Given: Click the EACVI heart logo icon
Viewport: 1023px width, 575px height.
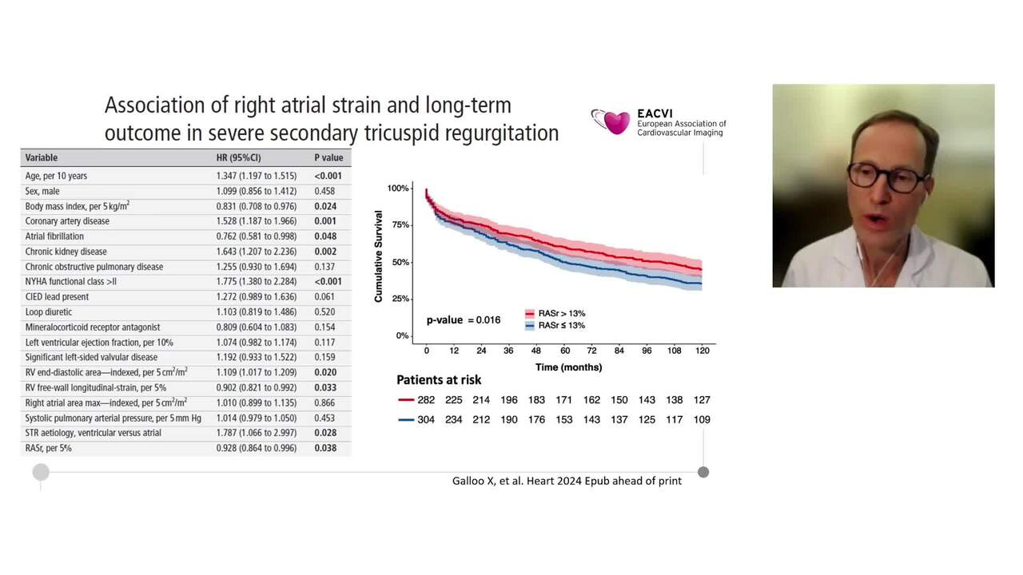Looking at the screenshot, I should (612, 121).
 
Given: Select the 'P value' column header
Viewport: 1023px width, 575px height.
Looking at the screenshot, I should (328, 157).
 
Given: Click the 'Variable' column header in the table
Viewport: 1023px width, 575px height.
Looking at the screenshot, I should (42, 157).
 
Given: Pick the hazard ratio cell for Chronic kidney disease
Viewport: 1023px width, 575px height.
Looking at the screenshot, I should (256, 252).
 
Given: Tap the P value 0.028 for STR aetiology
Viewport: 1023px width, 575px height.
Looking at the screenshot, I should (325, 433).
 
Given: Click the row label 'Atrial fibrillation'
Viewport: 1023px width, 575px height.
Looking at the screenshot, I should (54, 236).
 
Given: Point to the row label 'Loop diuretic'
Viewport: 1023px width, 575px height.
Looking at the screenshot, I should (49, 312).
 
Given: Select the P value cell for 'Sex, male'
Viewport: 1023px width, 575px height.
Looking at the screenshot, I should (325, 191).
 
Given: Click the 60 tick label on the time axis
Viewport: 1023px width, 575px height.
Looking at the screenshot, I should (564, 351).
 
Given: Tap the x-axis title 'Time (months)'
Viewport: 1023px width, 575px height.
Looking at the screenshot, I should (568, 367).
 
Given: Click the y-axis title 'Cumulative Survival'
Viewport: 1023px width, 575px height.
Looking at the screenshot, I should (379, 256).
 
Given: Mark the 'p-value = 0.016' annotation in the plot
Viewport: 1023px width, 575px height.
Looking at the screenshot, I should (464, 320).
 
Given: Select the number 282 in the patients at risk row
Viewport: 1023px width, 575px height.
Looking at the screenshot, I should (426, 399).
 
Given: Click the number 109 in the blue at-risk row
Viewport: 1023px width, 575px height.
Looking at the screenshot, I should (701, 419).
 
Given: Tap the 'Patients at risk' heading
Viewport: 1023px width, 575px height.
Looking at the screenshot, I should (439, 380).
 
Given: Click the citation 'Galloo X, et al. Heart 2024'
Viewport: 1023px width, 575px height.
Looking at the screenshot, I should (567, 481).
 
